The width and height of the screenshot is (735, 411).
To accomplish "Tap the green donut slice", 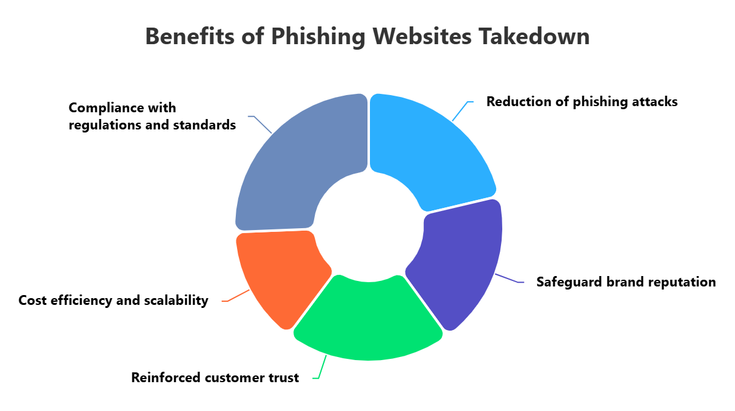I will point(367,322).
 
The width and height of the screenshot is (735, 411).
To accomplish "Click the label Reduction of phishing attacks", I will point(582,102).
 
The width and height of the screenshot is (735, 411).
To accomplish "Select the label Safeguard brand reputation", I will point(626,282).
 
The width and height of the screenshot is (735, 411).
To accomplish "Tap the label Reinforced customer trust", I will point(215,378).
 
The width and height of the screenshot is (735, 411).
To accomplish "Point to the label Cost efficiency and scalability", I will point(113,301).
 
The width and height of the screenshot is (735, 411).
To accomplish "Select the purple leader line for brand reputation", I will point(507,278).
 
